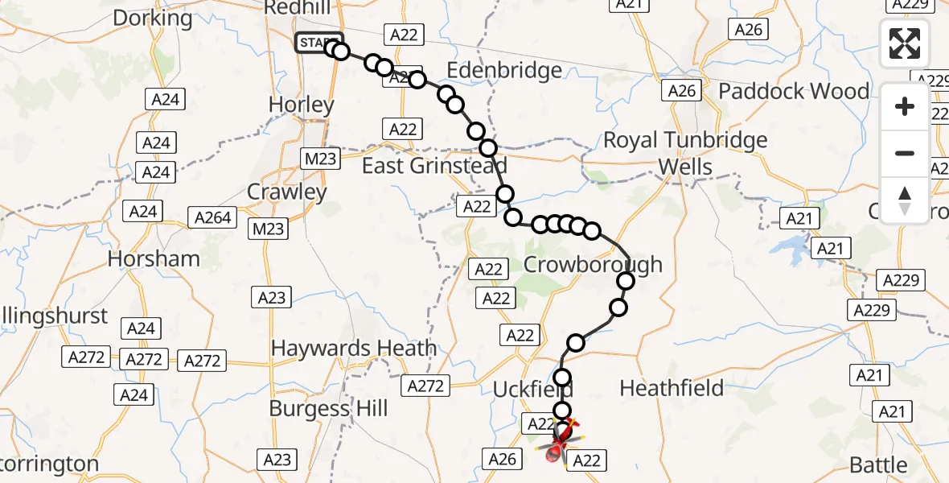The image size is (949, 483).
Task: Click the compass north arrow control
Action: pos(905,200)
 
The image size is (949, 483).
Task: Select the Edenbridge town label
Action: pos(504,71)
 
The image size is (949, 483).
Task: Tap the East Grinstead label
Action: pos(434,166)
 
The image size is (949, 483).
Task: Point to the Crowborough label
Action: pos(594,264)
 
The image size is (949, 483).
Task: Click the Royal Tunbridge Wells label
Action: pos(685,154)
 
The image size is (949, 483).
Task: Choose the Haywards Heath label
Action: pos(354,349)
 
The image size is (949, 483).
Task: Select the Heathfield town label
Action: pos(672,388)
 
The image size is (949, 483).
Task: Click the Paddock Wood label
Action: pos(794,91)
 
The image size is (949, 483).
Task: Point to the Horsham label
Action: pos(154,258)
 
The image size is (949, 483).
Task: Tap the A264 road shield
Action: pos(212,217)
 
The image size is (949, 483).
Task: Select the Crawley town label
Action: pos(287,192)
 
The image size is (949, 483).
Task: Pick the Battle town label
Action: pos(881,464)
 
